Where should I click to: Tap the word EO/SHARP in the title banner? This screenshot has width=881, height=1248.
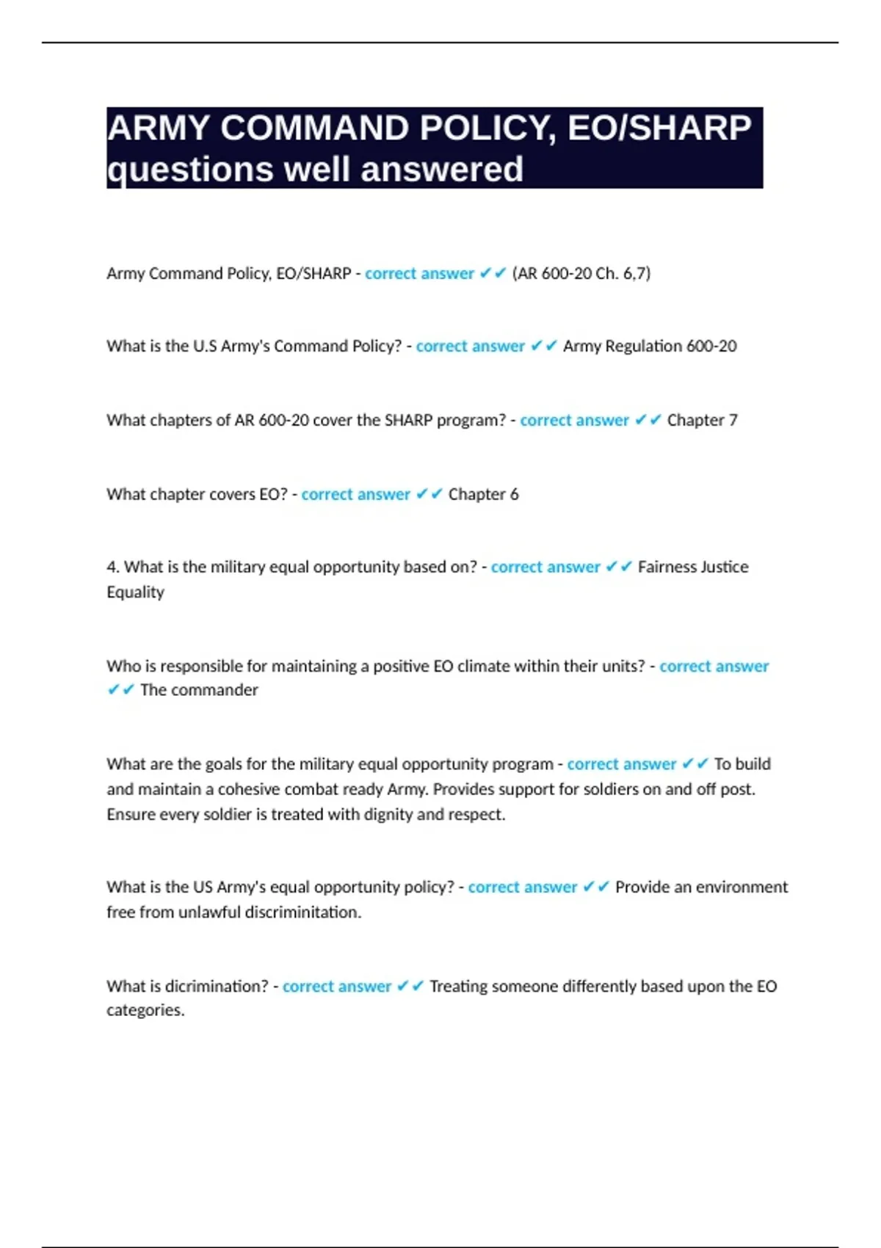coord(659,128)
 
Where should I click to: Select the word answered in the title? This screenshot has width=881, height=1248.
coord(442,170)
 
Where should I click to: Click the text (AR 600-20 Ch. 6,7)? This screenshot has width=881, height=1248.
coord(581,274)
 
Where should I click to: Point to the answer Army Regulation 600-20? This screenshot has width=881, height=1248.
coord(650,347)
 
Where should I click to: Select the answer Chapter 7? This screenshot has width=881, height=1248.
coord(702,421)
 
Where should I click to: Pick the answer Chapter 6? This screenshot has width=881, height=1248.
coord(483,495)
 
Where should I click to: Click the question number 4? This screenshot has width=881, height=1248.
coord(112,567)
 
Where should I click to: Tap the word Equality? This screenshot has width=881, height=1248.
coord(136,592)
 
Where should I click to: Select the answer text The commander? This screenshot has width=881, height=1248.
coord(199,690)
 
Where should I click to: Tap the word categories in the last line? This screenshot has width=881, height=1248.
coord(145,1011)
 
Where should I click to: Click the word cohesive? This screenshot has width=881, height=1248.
coord(249,790)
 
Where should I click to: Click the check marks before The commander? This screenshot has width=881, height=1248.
coord(120,690)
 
